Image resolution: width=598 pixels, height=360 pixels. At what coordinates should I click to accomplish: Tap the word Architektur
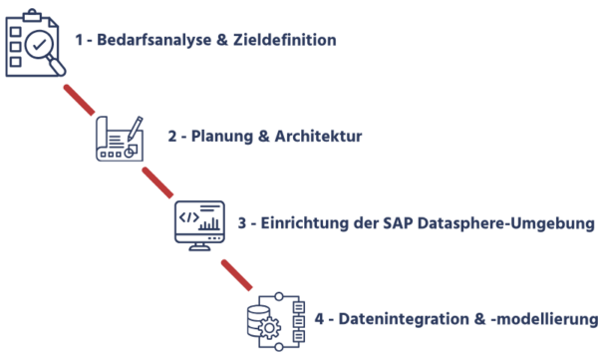click(317, 136)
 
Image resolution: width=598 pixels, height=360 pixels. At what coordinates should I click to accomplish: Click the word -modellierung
click(543, 320)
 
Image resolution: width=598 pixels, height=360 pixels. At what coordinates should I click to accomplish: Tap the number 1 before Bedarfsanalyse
click(79, 42)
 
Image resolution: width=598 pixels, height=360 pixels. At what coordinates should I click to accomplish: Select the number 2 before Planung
click(171, 136)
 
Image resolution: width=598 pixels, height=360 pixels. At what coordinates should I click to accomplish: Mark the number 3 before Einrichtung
click(241, 223)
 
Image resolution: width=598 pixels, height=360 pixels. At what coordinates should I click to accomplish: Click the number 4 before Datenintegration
click(318, 320)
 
